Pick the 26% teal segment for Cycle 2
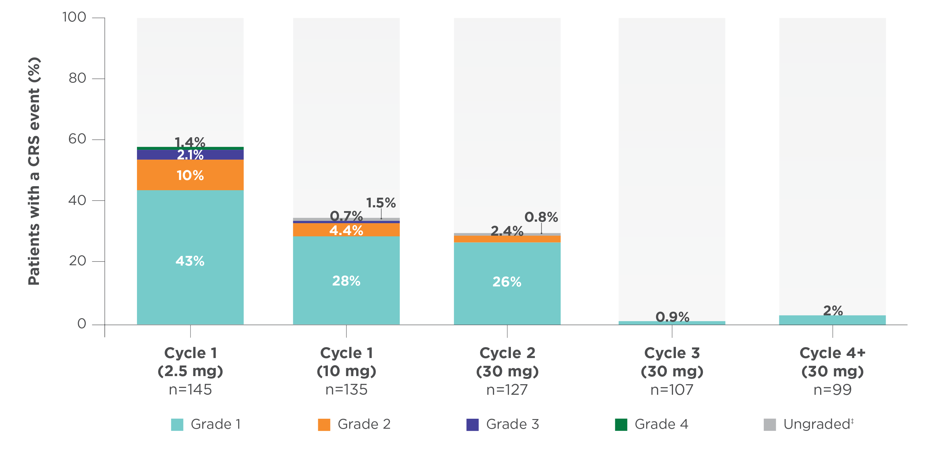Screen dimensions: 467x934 point(507,282)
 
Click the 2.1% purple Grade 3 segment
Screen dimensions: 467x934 point(190,155)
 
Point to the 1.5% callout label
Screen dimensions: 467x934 point(380,203)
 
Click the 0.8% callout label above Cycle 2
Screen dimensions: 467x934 point(541,217)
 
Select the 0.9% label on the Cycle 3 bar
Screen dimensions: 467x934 point(672,317)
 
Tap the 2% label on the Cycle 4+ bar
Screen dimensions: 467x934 point(833,310)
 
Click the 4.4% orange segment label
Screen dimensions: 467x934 point(346,231)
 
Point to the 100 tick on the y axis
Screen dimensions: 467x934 point(74,17)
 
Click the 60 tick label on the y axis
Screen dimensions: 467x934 point(77,139)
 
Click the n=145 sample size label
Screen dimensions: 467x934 point(190,390)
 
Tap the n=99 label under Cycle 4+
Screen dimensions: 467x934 point(833,390)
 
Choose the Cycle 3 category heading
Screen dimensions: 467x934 point(672,353)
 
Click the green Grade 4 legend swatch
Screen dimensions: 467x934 point(621,425)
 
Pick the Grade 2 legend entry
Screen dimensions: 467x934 point(364,424)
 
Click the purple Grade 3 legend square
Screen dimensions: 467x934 point(472,425)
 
